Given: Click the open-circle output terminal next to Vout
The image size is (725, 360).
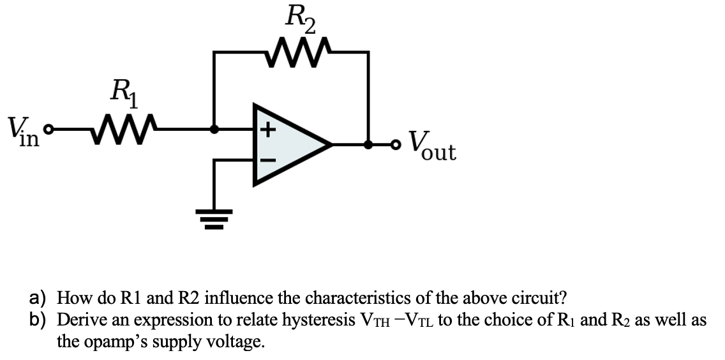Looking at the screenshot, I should [397, 144].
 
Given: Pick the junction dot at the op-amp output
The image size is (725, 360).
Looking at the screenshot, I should [368, 144].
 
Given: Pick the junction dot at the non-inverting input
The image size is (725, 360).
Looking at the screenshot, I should [214, 129].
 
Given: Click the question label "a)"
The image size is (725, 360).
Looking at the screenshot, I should [41, 298].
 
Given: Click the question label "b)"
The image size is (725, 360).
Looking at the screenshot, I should [41, 320].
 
